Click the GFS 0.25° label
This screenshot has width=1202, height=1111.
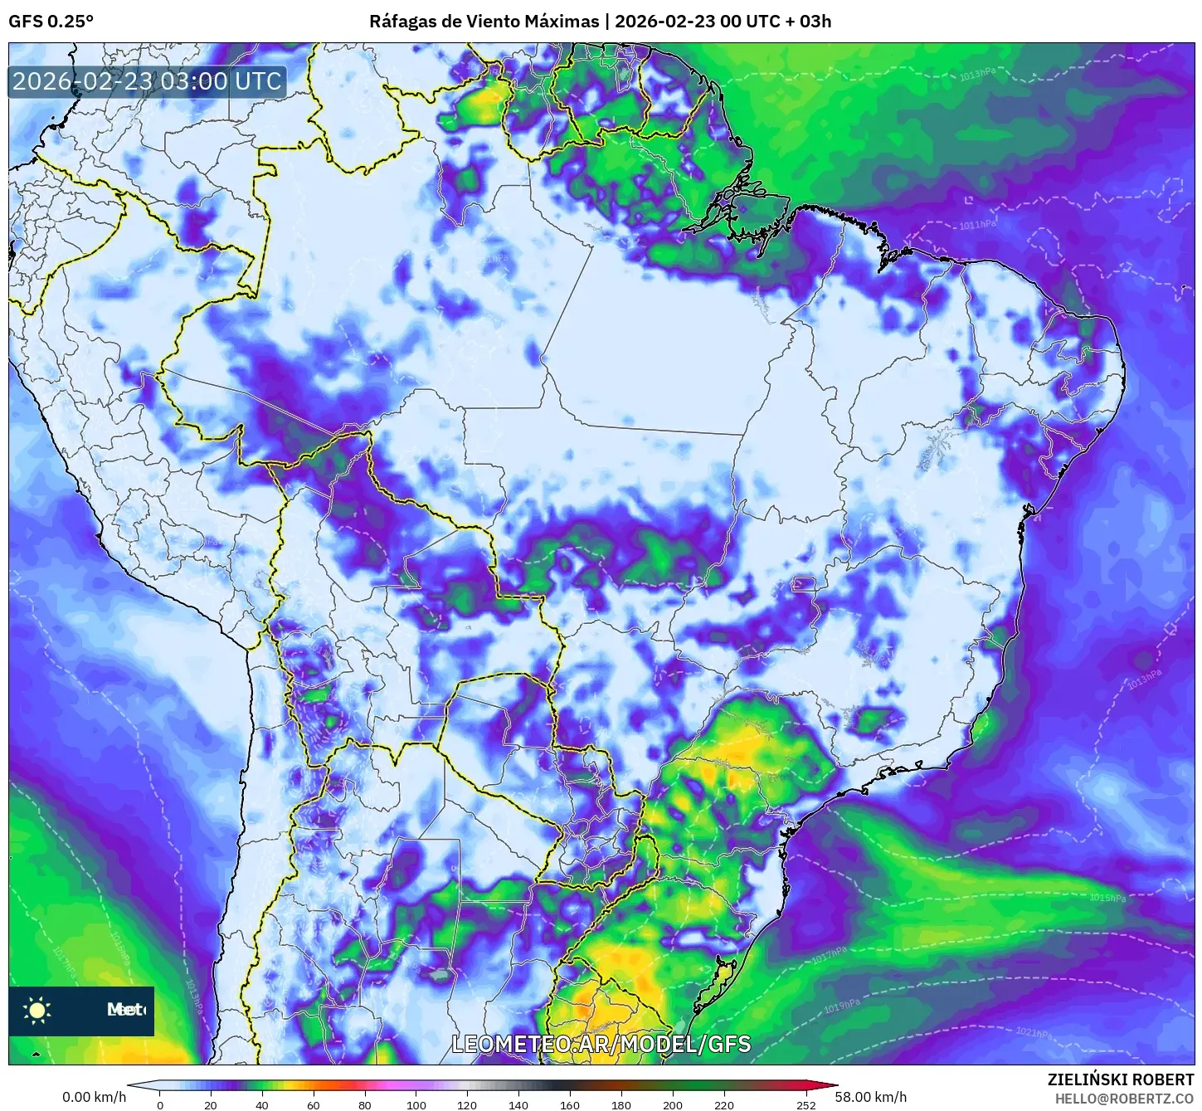coord(51,22)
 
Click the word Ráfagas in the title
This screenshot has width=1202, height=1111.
coord(402,22)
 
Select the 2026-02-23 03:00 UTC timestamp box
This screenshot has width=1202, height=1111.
coord(148,81)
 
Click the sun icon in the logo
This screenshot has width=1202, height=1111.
coord(37,1010)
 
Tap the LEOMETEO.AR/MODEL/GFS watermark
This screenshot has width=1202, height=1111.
coord(601,1044)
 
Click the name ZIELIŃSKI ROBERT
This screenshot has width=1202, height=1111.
coord(1120,1079)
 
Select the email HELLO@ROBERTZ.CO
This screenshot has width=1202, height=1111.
coord(1124,1098)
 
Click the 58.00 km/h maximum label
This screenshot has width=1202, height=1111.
coord(870,1097)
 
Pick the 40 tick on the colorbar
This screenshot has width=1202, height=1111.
coord(262,1104)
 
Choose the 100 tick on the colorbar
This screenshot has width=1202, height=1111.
coord(416,1104)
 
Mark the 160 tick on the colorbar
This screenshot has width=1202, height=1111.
coord(570,1104)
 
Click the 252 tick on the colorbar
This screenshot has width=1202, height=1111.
coord(806,1104)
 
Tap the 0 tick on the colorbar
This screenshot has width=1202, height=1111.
coord(160,1104)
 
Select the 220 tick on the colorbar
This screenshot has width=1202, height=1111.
coord(724,1104)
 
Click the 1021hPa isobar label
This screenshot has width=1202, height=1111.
coord(1034,1034)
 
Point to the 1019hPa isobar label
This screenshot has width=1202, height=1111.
coord(842,1006)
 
